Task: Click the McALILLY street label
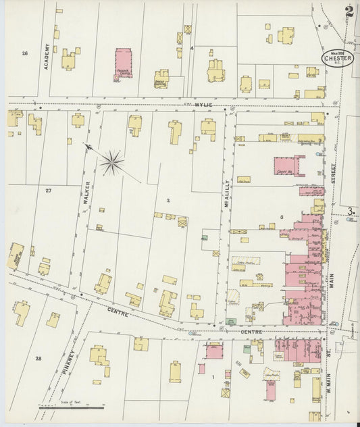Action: [228, 193]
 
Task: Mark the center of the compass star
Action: [112, 161]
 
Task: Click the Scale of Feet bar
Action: [71, 407]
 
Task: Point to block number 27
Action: [48, 191]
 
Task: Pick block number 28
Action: [38, 358]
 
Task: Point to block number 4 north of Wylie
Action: [192, 49]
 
